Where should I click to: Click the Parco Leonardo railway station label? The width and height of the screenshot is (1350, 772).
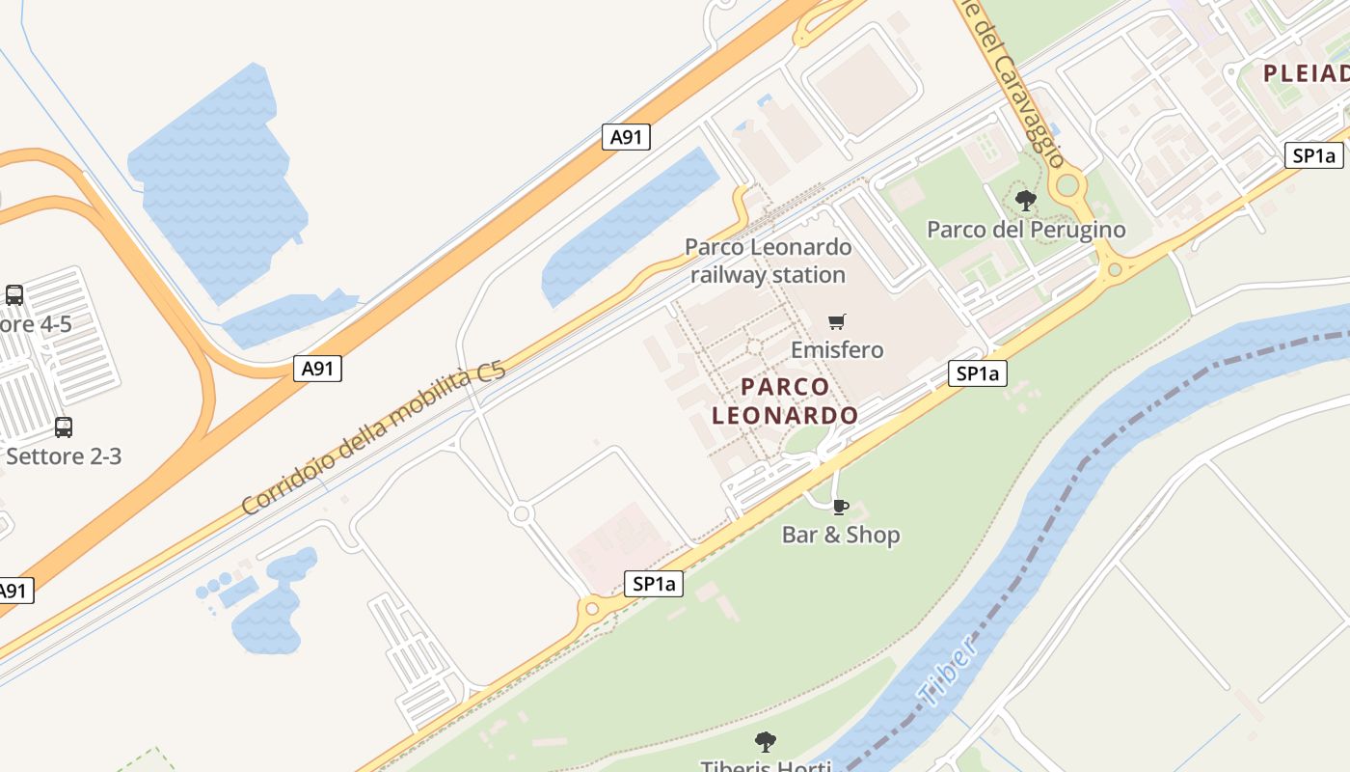click(x=769, y=261)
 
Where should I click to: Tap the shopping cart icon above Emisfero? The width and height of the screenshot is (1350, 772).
click(x=837, y=321)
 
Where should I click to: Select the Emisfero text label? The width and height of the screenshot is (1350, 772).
click(x=837, y=349)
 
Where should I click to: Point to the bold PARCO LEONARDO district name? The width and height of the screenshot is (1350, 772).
click(x=785, y=401)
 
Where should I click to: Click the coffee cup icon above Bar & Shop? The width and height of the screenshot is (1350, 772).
click(x=840, y=507)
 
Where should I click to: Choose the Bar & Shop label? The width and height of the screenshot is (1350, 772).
click(x=841, y=535)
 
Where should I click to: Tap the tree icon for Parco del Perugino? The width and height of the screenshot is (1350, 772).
click(x=1026, y=201)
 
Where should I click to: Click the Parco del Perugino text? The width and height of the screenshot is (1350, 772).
click(x=1026, y=230)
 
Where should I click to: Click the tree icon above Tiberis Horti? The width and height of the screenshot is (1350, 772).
click(x=766, y=741)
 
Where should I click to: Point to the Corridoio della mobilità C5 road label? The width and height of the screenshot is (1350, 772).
click(x=373, y=441)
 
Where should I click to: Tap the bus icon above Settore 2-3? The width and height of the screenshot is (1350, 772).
click(x=64, y=427)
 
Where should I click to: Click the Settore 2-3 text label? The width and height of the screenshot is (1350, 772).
click(x=64, y=455)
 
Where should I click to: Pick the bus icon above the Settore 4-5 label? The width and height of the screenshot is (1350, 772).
click(x=14, y=295)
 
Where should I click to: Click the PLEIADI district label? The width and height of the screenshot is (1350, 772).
click(x=1307, y=73)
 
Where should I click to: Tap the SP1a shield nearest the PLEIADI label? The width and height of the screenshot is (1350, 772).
click(x=1313, y=156)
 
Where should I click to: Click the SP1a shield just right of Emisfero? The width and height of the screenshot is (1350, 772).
click(x=978, y=374)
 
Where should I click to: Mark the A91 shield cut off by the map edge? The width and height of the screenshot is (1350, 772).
click(x=14, y=591)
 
